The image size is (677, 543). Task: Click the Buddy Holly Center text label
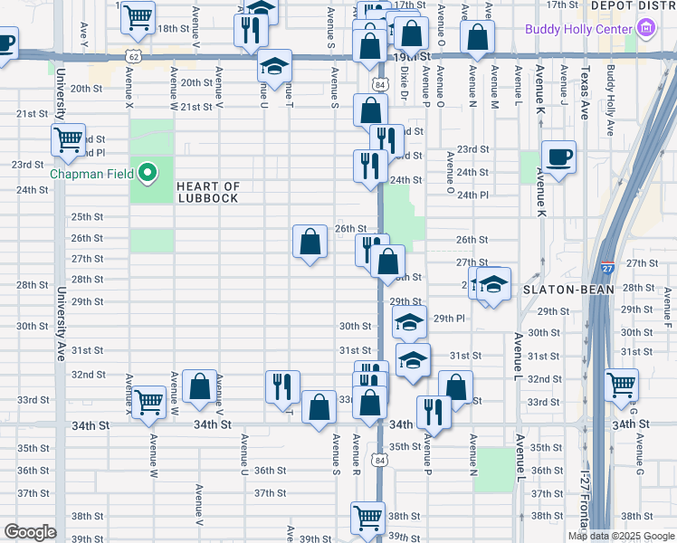(x=578, y=29)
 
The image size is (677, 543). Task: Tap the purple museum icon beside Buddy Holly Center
(x=646, y=29)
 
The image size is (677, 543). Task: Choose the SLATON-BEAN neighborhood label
(x=567, y=290)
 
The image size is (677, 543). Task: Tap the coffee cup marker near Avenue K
(x=558, y=157)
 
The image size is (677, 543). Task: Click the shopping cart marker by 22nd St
(x=68, y=140)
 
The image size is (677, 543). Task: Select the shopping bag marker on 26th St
(x=310, y=242)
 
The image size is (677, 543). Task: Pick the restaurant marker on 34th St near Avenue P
(x=434, y=413)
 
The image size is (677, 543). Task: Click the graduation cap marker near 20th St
(x=274, y=66)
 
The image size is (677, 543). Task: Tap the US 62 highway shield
(x=133, y=56)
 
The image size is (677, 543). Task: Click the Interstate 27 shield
(x=606, y=269)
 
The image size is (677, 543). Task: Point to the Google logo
(x=30, y=532)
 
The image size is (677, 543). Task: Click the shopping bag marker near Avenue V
(x=199, y=386)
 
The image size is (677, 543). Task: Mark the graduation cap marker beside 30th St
(x=409, y=322)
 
